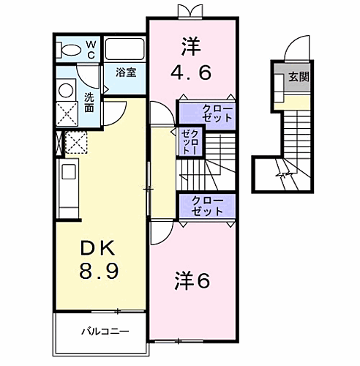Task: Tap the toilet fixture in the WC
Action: [x=70, y=50]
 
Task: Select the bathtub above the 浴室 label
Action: [x=125, y=50]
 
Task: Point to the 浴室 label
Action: [x=125, y=72]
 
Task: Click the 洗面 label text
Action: [x=89, y=102]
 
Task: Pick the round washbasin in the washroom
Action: [x=66, y=90]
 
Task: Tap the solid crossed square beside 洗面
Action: [x=66, y=114]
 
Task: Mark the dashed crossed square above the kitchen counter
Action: [x=75, y=141]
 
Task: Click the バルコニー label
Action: [x=105, y=331]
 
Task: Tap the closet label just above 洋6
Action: [x=208, y=205]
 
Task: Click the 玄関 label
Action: [x=297, y=75]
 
